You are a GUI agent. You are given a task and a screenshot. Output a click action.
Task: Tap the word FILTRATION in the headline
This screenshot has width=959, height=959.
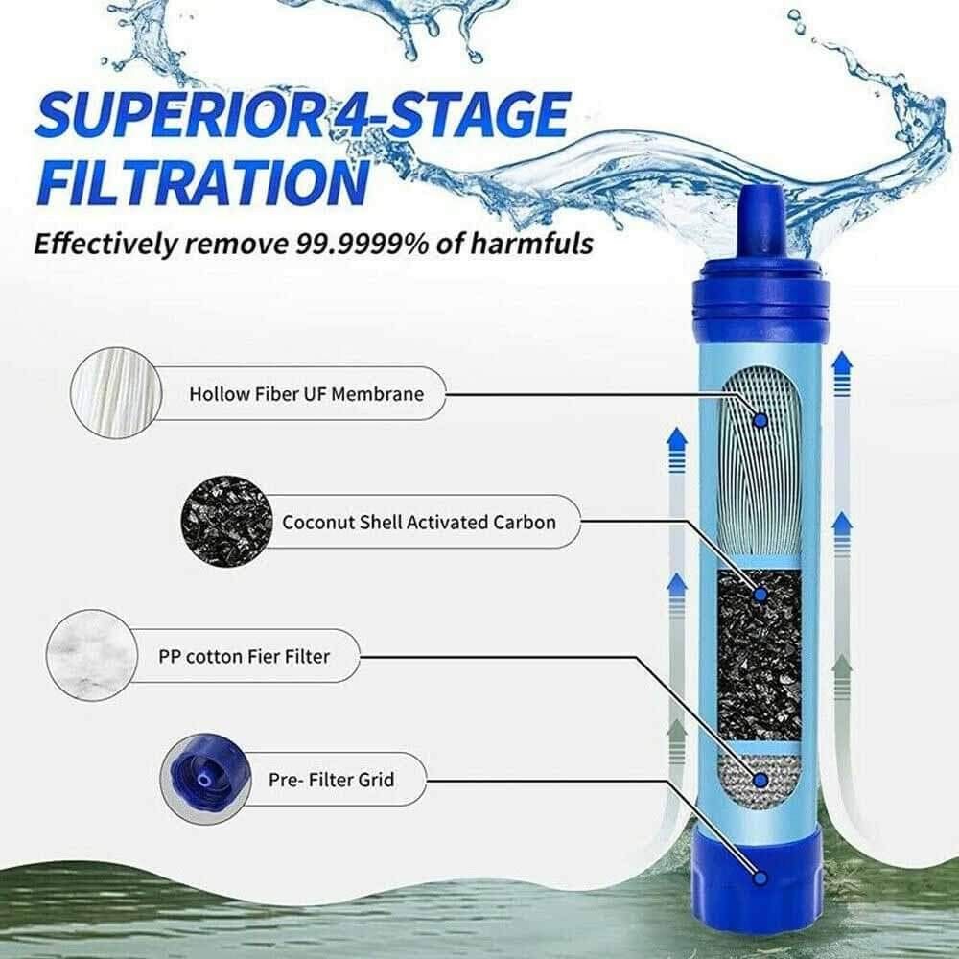point(200,179)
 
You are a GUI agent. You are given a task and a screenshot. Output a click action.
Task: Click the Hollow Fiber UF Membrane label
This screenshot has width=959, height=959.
point(305,393)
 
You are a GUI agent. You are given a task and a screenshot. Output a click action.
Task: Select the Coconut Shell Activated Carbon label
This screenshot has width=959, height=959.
point(418,523)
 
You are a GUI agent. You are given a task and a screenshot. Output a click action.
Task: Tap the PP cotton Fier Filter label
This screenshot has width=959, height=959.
point(244,657)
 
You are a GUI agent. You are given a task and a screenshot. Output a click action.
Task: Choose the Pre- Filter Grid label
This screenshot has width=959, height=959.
point(331,779)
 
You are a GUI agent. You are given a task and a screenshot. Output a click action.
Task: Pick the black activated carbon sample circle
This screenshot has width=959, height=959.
point(226,523)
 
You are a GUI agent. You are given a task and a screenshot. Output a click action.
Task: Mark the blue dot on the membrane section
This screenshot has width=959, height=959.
point(760,420)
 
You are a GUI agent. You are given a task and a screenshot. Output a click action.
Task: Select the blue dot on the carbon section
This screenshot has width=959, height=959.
point(760,595)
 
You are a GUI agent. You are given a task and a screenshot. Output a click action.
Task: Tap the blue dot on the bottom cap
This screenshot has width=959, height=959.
point(760,876)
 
